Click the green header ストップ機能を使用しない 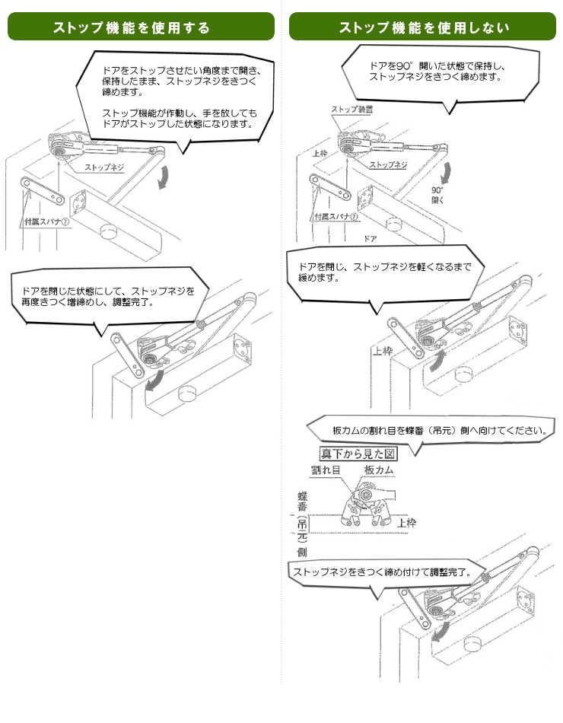pyautogui.click(x=423, y=27)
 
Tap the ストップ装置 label pyautogui.click(x=351, y=110)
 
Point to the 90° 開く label pyautogui.click(x=437, y=196)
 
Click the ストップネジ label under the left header pyautogui.click(x=104, y=167)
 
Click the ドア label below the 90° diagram pyautogui.click(x=371, y=238)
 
